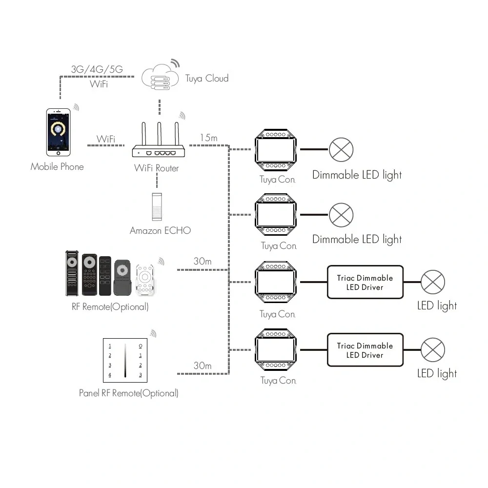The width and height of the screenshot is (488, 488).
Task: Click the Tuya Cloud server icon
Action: (160, 77)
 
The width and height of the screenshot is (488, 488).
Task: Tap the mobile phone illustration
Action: (58, 132)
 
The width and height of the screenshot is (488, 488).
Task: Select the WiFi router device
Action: (159, 140)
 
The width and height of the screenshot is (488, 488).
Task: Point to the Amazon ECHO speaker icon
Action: (157, 207)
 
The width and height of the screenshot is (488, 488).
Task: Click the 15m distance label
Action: (208, 138)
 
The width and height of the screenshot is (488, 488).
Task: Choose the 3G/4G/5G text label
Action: (97, 69)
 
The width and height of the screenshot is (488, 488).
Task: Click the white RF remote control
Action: (145, 280)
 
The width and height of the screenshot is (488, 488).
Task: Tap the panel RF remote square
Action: (125, 361)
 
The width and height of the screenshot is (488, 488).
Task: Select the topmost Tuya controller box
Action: (276, 150)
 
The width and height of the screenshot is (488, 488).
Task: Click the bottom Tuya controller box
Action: (276, 349)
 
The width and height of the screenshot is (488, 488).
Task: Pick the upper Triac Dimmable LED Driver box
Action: (365, 282)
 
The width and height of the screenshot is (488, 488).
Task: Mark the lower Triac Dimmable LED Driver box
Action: (365, 350)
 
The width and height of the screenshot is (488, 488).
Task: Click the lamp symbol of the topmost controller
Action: (341, 150)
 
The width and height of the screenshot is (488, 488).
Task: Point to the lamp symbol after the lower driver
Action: (432, 350)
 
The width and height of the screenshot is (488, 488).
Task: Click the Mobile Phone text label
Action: (57, 167)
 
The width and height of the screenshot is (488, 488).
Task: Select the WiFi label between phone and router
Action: (106, 139)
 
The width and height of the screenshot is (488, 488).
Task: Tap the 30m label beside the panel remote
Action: (203, 366)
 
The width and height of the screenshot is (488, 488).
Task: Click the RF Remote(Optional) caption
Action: (110, 307)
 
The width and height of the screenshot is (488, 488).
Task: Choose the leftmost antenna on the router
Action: (144, 134)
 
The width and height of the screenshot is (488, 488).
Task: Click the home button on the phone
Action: (58, 153)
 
